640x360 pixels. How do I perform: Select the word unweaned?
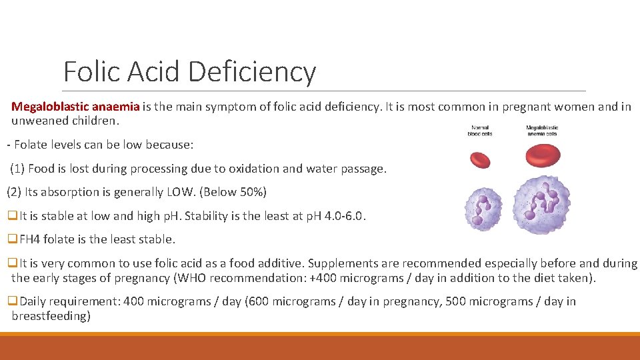(x=37, y=121)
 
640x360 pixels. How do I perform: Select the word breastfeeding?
(x=51, y=315)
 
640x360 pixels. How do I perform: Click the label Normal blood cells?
(x=481, y=130)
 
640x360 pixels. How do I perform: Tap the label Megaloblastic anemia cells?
(x=542, y=130)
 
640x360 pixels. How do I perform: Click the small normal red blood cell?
(x=480, y=159)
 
